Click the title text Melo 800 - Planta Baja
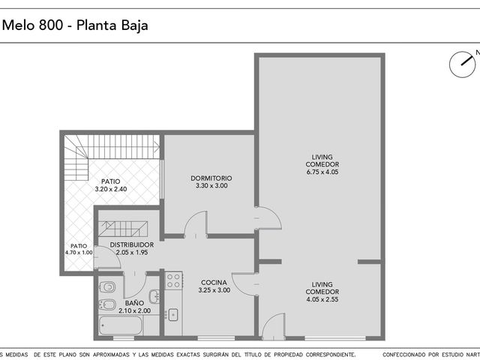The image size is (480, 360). coord(75,25)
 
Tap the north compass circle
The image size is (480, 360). coord(462,64)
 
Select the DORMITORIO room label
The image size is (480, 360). coord(211,178)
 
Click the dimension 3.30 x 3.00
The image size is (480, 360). coord(211,185)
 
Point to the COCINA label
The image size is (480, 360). coord(214,283)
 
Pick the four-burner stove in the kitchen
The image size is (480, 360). coord(173,280)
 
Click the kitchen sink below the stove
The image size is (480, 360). coord(173,315)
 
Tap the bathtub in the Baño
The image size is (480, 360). coord(121,325)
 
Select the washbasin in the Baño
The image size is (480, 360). coord(154,296)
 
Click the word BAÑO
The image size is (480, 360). coord(134,303)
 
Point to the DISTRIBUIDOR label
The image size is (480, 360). coord(132,245)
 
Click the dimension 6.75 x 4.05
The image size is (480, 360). coord(322,172)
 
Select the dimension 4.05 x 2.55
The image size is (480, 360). coord(322,299)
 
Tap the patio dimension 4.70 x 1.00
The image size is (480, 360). coord(79,253)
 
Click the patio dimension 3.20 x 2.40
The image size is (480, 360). coord(111,189)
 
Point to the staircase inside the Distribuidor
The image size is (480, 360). coord(122,228)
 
